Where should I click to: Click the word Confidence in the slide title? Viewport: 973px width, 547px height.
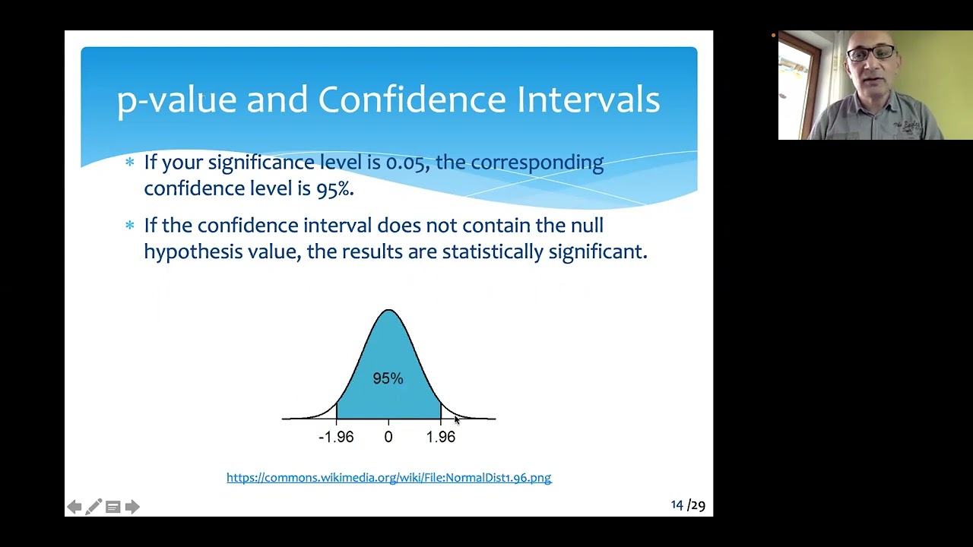tap(411, 100)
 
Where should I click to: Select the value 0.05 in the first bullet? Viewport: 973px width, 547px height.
tap(406, 163)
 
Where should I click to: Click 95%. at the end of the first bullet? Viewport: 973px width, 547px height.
tap(335, 188)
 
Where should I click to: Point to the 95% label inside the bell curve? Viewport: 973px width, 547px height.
tap(388, 378)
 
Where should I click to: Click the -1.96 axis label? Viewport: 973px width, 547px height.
tap(336, 437)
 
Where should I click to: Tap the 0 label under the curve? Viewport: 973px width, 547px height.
tap(388, 437)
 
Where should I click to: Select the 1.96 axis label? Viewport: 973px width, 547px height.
tap(441, 437)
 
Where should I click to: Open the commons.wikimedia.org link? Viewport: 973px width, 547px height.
tap(388, 478)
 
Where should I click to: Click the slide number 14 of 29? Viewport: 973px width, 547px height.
tap(687, 505)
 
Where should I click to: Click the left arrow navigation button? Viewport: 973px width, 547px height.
tap(74, 507)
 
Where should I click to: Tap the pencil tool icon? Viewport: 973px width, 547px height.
tap(93, 507)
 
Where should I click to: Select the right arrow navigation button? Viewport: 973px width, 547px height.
tap(132, 507)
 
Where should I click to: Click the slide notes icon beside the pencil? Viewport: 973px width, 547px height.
tap(113, 507)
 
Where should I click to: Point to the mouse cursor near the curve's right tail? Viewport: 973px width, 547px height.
tap(456, 419)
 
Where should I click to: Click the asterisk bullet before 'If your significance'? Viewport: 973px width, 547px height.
tap(130, 162)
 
